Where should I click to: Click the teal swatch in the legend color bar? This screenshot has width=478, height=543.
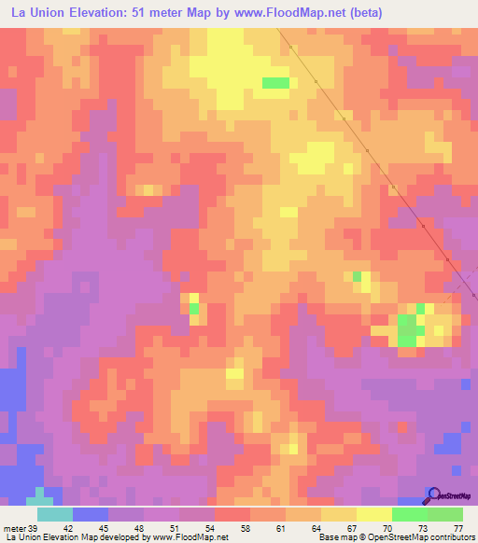click(x=55, y=514)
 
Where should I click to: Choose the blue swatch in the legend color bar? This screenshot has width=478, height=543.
click(x=91, y=514)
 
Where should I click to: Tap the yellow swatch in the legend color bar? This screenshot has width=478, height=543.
click(x=374, y=514)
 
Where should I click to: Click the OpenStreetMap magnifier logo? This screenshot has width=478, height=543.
click(x=433, y=494)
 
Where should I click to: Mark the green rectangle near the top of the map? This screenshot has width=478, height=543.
click(x=275, y=83)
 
